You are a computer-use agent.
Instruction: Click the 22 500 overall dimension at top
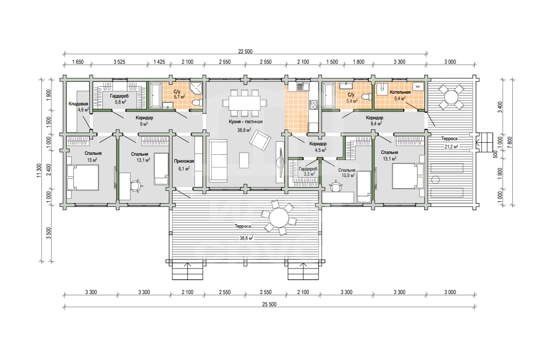[x=245, y=51]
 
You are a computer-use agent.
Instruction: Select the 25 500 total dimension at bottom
[x=269, y=304]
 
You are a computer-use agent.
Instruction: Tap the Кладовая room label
[x=78, y=104]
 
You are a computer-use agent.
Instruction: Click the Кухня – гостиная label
[x=246, y=121]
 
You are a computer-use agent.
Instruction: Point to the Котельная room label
[x=400, y=92]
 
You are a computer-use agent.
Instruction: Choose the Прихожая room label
[x=184, y=161]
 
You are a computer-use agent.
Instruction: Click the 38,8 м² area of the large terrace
[x=246, y=238]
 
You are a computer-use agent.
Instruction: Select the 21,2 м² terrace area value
[x=451, y=147]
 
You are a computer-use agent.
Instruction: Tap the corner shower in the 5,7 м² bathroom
[x=196, y=88]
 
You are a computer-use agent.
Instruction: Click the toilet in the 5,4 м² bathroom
[x=367, y=97]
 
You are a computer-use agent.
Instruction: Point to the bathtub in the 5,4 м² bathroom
[x=328, y=95]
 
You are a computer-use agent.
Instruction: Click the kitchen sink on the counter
[x=303, y=87]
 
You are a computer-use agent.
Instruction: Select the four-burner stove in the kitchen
[x=313, y=105]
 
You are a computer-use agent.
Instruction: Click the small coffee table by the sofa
[x=244, y=160]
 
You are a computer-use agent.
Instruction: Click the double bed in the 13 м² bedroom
[x=82, y=177]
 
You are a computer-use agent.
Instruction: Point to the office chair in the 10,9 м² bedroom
[x=336, y=187]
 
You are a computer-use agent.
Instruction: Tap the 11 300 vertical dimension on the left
[x=39, y=170]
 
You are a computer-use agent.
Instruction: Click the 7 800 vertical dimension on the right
[x=510, y=142]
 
